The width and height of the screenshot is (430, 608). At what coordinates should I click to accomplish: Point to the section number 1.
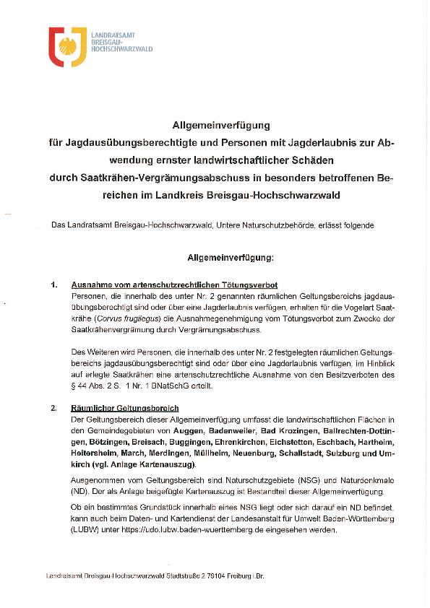tap(54, 285)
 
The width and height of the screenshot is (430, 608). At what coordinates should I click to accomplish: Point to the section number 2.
tap(54, 409)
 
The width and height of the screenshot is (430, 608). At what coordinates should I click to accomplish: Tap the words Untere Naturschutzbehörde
tap(272, 225)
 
